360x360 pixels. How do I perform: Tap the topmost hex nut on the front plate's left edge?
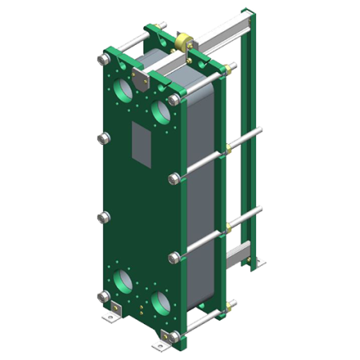[x=105, y=58]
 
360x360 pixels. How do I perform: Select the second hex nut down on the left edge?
[x=102, y=139]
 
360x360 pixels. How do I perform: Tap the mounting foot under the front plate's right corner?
[x=162, y=346]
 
